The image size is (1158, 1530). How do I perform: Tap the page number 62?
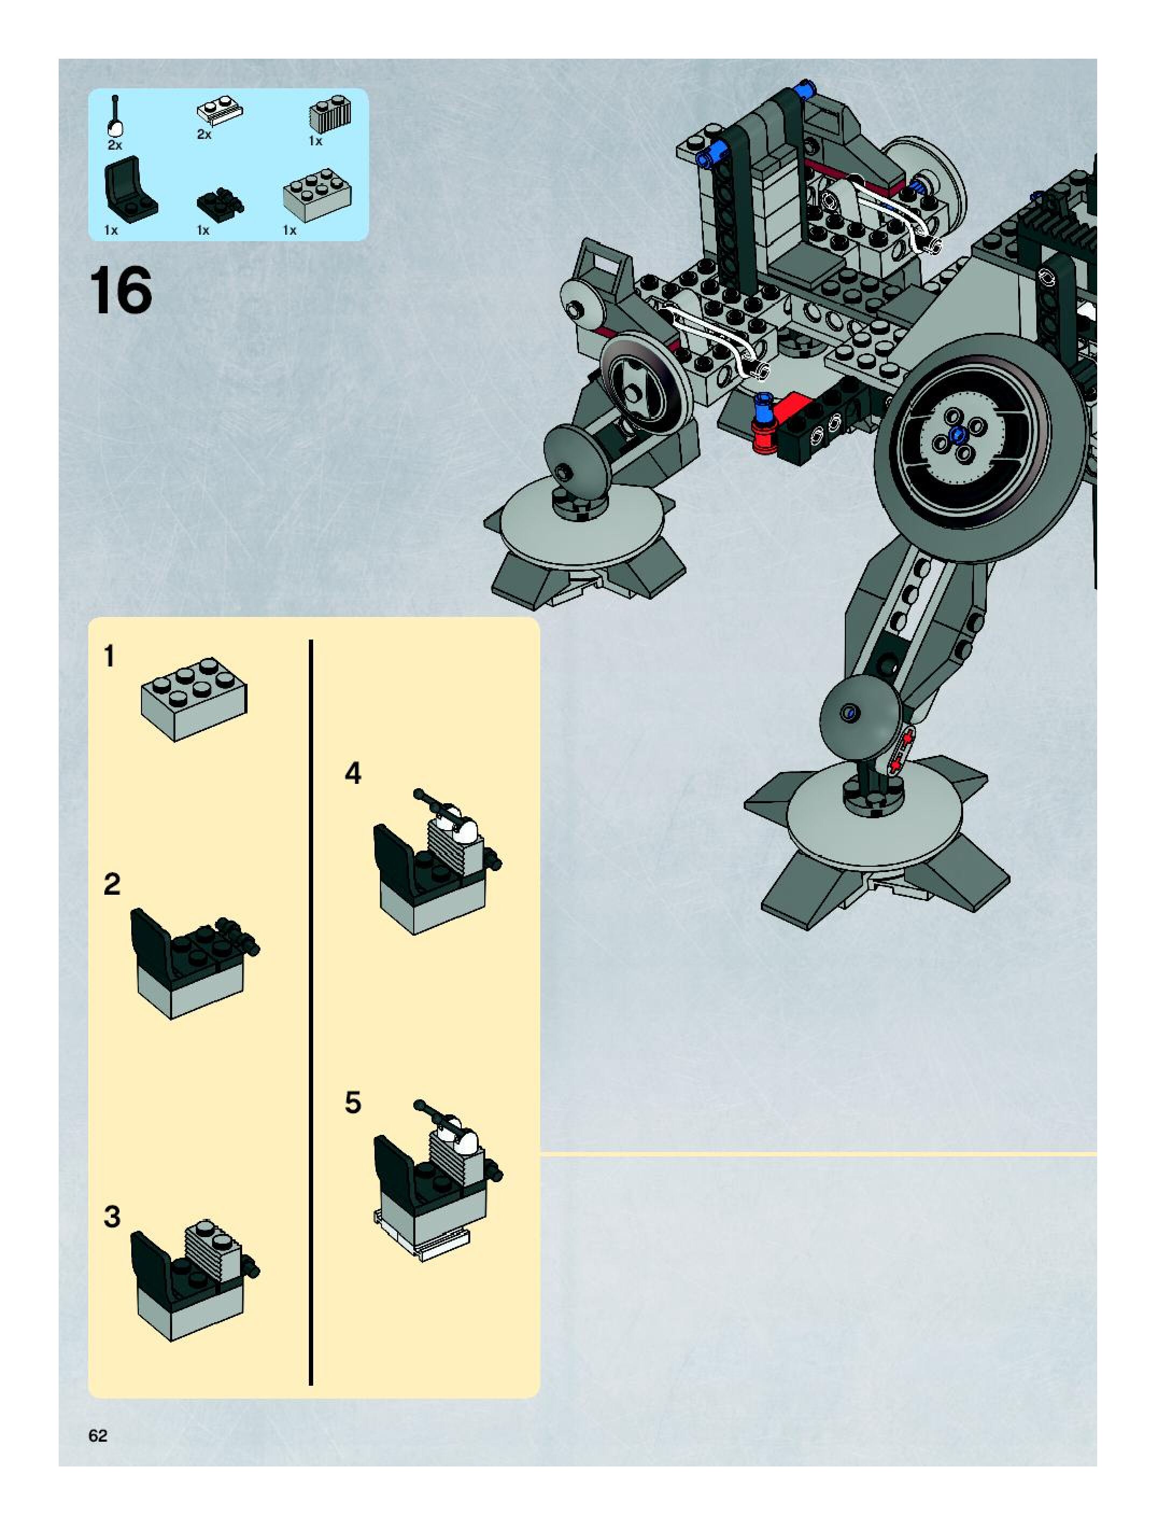pos(97,1435)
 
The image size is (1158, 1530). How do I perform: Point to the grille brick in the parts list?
pos(330,115)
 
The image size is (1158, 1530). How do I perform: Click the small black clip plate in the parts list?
pos(221,201)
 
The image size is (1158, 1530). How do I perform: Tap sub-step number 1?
pos(109,656)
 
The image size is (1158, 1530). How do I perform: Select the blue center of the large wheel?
pos(957,435)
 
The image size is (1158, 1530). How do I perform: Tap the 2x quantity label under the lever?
pos(114,145)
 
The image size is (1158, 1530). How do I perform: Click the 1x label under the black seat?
pos(111,230)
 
